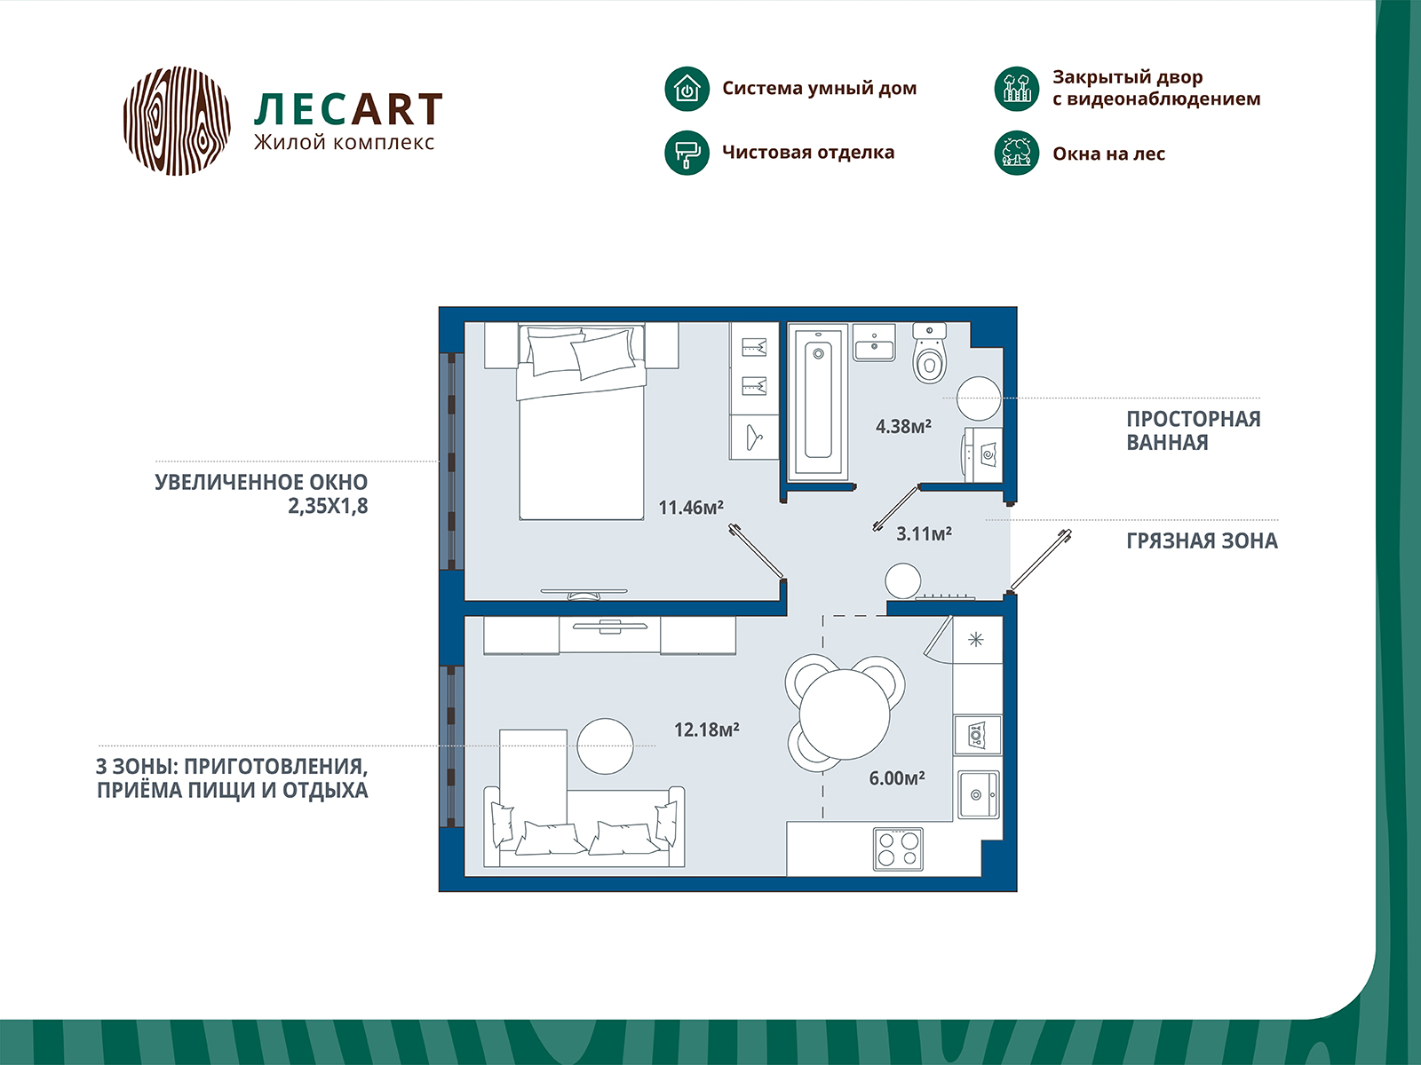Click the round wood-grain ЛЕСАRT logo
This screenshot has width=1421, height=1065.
177,121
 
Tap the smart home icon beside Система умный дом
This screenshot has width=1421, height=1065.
687,89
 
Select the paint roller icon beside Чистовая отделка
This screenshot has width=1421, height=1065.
687,153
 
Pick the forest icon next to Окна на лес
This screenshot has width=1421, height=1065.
1016,153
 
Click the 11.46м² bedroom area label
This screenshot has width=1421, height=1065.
691,508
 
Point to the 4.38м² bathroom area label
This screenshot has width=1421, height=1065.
903,426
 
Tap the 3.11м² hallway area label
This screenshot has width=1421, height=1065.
924,533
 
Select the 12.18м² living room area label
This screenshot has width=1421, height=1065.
706,730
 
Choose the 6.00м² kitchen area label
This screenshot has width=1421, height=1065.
897,778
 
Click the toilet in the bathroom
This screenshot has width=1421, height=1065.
930,354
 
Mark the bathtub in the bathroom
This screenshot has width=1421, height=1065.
818,403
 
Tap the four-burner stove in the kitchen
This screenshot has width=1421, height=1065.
898,849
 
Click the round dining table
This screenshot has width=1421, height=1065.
845,714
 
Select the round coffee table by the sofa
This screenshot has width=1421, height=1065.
606,746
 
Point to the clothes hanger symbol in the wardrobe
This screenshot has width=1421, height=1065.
753,438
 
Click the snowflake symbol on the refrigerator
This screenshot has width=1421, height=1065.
975,640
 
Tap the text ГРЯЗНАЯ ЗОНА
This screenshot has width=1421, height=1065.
1203,540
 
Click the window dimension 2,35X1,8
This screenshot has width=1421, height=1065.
328,506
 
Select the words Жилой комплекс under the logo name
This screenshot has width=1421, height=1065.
344,142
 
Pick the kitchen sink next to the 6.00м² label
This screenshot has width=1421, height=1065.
978,794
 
